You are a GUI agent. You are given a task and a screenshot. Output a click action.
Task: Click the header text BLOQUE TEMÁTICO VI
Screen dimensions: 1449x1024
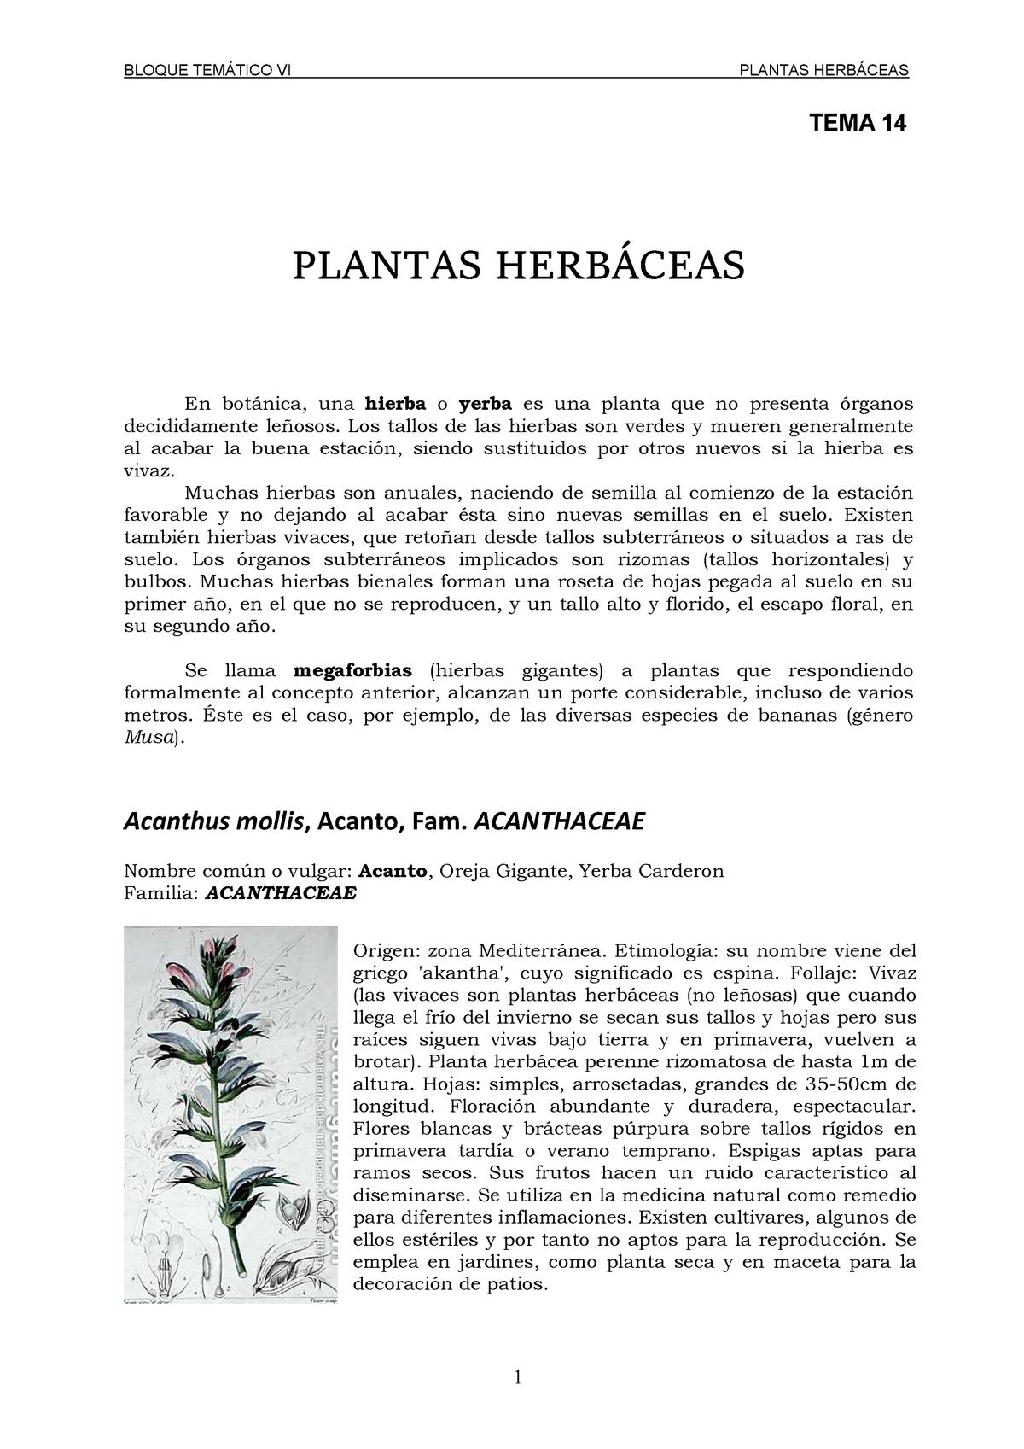click(207, 70)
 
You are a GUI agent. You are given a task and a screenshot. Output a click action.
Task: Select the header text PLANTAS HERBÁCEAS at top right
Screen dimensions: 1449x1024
click(823, 70)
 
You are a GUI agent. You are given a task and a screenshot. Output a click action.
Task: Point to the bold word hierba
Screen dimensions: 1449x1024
click(395, 404)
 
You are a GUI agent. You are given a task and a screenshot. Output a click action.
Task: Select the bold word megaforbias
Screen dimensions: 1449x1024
click(352, 671)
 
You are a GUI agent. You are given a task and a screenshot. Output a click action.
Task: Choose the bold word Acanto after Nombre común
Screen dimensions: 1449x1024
click(393, 871)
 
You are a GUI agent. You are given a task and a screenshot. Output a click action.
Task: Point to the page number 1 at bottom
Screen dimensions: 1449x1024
click(517, 1377)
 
